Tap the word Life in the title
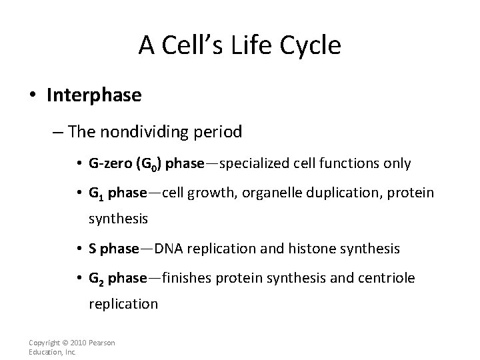tap(247, 45)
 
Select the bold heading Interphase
tap(94, 95)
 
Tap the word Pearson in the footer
tap(102, 343)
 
